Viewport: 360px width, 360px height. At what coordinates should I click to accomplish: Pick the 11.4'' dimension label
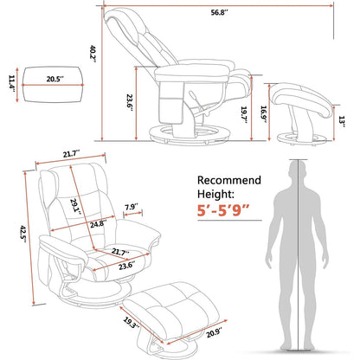(10, 80)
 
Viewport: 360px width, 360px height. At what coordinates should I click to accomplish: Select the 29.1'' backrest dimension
(79, 205)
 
